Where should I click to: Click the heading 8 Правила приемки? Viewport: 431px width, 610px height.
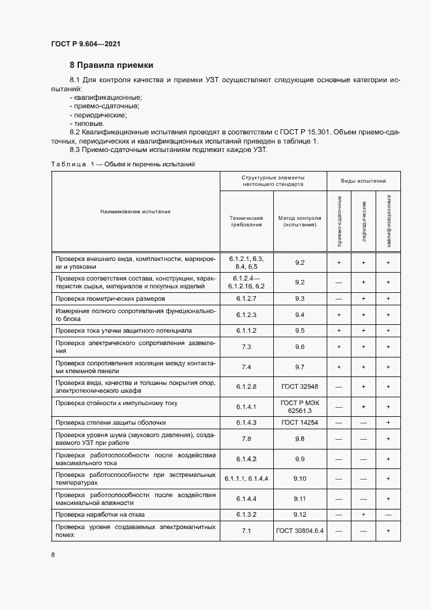pyautogui.click(x=111, y=65)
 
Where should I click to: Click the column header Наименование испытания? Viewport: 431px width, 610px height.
pyautogui.click(x=135, y=211)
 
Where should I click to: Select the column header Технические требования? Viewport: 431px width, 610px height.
pyautogui.click(x=246, y=221)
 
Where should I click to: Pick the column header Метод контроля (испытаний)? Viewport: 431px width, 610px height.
pyautogui.click(x=299, y=221)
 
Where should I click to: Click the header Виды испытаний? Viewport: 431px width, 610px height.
pyautogui.click(x=363, y=180)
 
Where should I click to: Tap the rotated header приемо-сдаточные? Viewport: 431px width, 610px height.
pyautogui.click(x=339, y=222)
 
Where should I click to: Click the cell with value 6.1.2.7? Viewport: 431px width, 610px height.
pyautogui.click(x=246, y=298)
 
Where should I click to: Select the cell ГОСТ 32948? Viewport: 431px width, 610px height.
pyautogui.click(x=299, y=387)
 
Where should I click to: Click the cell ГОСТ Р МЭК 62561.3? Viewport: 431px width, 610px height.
pyautogui.click(x=299, y=407)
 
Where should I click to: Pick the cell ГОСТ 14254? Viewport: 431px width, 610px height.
pyautogui.click(x=299, y=423)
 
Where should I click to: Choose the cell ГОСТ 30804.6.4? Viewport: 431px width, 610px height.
pyautogui.click(x=299, y=531)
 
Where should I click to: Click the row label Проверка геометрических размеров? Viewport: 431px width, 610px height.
pyautogui.click(x=114, y=298)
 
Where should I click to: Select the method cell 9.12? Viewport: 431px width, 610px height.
pyautogui.click(x=299, y=515)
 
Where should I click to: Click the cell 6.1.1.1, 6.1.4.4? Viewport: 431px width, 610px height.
pyautogui.click(x=246, y=479)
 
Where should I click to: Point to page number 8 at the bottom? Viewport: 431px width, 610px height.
pyautogui.click(x=53, y=555)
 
